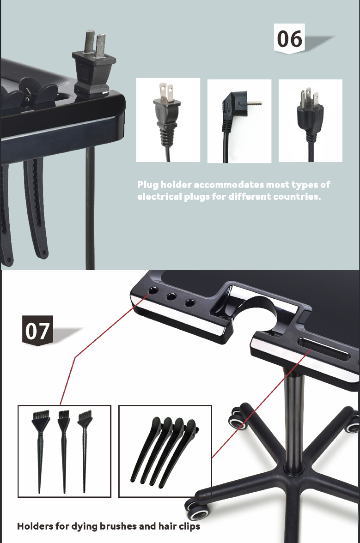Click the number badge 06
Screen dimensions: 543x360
(x=290, y=38)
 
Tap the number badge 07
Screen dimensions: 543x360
(x=37, y=331)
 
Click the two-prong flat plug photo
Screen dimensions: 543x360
(x=168, y=120)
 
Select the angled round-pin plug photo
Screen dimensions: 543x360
(x=239, y=120)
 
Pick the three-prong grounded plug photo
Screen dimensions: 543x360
(x=310, y=120)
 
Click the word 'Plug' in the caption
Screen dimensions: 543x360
(x=148, y=185)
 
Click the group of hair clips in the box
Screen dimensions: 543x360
(x=165, y=450)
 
